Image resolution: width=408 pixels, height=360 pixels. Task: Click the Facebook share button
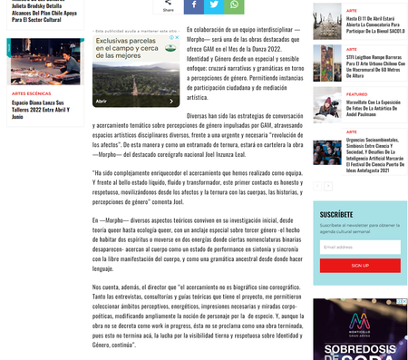coord(193,5)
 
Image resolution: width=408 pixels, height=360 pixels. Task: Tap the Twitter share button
coord(214,5)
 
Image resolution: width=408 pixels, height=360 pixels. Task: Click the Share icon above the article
coord(168,5)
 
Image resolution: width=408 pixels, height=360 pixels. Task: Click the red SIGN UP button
coord(359,265)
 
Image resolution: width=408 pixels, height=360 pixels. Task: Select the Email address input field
coord(359,247)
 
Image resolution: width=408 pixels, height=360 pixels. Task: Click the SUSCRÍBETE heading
coord(336,215)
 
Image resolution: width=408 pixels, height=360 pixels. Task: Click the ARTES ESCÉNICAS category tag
coord(32,93)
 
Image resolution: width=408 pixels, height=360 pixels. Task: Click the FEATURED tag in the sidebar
coord(356,94)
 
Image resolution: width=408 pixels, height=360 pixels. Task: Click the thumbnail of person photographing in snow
coord(327,105)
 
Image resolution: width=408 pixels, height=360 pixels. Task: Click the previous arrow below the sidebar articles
coord(317,186)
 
